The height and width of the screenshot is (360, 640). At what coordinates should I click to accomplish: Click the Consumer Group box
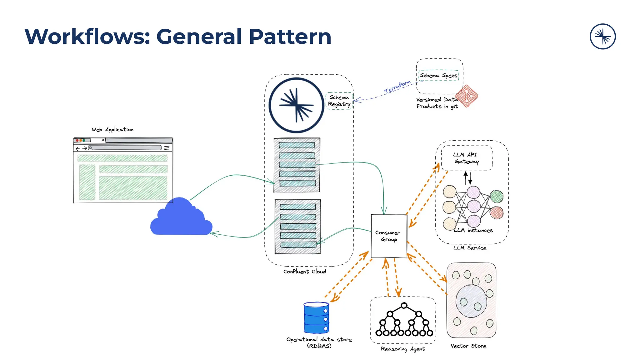pyautogui.click(x=389, y=236)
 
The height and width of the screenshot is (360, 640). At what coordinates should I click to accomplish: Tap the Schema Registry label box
pyautogui.click(x=339, y=101)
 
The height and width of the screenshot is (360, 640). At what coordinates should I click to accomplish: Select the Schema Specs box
pyautogui.click(x=439, y=76)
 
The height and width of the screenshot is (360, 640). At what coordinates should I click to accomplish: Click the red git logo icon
pyautogui.click(x=467, y=96)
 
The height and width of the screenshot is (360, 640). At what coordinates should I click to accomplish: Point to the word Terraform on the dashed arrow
pyautogui.click(x=397, y=87)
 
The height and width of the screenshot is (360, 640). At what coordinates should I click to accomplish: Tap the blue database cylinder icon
pyautogui.click(x=316, y=317)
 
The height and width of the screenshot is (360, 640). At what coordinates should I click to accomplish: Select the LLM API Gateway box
pyautogui.click(x=466, y=158)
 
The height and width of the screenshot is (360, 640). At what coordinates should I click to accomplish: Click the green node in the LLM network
pyautogui.click(x=497, y=197)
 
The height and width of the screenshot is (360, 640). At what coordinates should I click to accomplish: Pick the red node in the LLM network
pyautogui.click(x=497, y=213)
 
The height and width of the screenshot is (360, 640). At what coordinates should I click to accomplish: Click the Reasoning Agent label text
pyautogui.click(x=402, y=349)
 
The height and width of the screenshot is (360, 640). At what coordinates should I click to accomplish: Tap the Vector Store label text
pyautogui.click(x=468, y=346)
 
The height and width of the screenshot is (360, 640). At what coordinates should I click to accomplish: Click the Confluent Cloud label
pyautogui.click(x=305, y=272)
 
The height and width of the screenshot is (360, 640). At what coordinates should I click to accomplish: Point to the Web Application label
pyautogui.click(x=112, y=129)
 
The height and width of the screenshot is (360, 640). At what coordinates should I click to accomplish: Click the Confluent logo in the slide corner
pyautogui.click(x=602, y=37)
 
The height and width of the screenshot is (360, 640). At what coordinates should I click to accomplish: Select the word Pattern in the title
pyautogui.click(x=290, y=37)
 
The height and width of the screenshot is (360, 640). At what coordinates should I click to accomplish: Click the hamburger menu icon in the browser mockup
pyautogui.click(x=167, y=148)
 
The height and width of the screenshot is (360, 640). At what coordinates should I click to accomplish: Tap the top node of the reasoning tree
pyautogui.click(x=404, y=305)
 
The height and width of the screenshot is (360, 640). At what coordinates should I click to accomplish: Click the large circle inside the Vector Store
pyautogui.click(x=471, y=301)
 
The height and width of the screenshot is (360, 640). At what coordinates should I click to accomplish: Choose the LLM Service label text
pyautogui.click(x=470, y=248)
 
